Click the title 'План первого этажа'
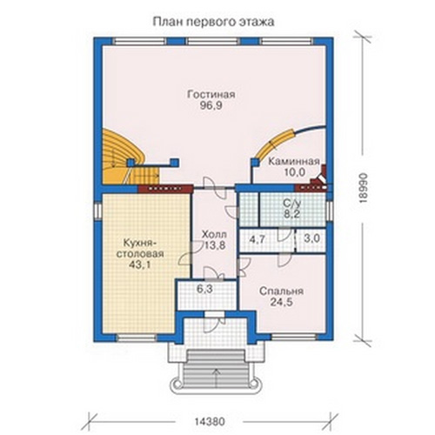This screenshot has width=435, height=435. (213, 23)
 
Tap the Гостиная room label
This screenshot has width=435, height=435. (211, 95)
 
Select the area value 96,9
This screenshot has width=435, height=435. (211, 105)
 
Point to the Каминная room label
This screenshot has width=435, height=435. (293, 161)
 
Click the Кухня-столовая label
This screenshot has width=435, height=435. (140, 248)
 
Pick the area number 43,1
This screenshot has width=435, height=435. (140, 264)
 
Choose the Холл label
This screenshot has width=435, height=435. (214, 234)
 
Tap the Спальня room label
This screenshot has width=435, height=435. (281, 291)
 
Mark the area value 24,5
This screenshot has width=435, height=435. (281, 302)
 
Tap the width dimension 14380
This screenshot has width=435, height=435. (210, 421)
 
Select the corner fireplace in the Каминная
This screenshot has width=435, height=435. (319, 177)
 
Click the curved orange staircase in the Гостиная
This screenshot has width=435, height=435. (128, 158)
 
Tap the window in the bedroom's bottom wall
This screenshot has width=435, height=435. (294, 337)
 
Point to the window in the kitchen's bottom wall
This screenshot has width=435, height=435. (137, 338)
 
